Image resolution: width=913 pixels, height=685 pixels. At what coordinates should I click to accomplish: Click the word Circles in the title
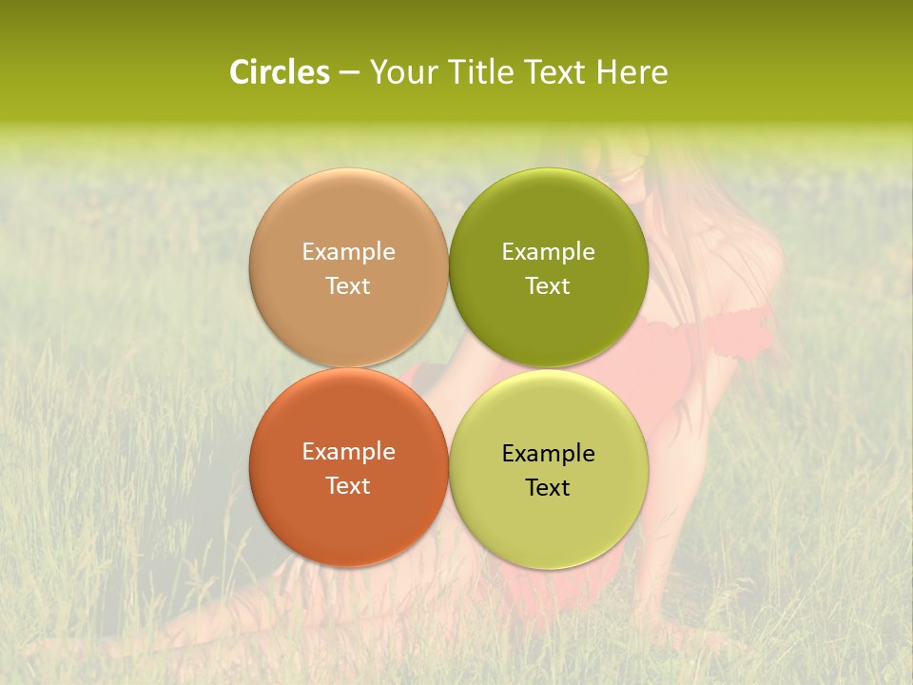coord(279,72)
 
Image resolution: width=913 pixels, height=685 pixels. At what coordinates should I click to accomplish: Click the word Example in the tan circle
coord(348,252)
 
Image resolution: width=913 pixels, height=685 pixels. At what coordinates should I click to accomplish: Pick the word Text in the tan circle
coord(348,286)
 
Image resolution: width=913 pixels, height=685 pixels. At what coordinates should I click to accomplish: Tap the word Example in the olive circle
coord(549,252)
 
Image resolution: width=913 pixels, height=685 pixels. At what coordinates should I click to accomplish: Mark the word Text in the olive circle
coord(549,286)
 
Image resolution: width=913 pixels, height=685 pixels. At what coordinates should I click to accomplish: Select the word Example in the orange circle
coord(348,452)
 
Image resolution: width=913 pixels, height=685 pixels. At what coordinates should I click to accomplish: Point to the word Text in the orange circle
coord(348,486)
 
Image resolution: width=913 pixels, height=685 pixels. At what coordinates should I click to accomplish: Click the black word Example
coord(549,454)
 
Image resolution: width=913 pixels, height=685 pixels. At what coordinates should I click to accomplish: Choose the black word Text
coord(549,488)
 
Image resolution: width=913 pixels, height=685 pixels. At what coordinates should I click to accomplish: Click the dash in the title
coord(349,73)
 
